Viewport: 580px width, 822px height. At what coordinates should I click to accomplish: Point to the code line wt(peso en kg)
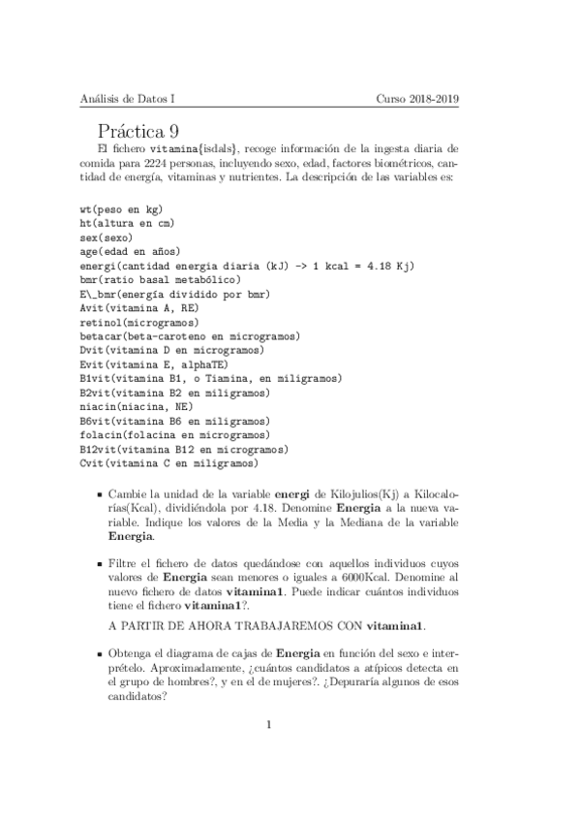tap(121, 209)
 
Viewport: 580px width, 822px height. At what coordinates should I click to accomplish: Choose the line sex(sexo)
tap(107, 237)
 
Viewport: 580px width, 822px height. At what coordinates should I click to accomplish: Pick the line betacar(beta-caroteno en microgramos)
tap(190, 335)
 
